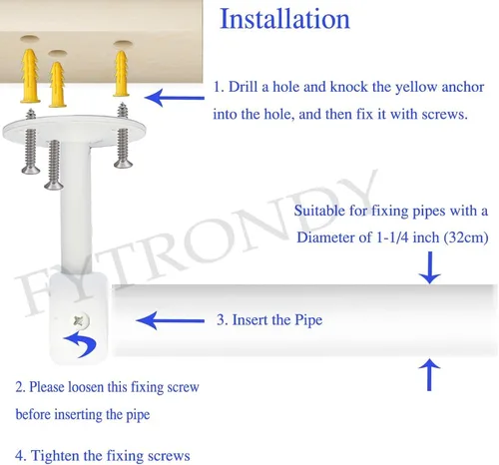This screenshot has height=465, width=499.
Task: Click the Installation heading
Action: point(284,19)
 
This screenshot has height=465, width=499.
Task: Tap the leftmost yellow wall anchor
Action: point(30,76)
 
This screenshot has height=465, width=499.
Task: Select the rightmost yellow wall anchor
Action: point(122,74)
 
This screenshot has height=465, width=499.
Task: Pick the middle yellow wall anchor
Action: point(57,85)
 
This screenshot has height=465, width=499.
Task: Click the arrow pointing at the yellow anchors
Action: point(175,98)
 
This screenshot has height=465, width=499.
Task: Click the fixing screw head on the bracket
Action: point(81,320)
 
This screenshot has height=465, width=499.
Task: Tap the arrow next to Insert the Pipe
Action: point(171,320)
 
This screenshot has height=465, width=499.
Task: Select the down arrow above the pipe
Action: point(429,267)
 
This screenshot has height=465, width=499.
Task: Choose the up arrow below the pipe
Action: point(429,374)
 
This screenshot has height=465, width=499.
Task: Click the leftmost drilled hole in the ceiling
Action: point(30,39)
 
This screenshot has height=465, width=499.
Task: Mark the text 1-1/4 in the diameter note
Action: point(392,237)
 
